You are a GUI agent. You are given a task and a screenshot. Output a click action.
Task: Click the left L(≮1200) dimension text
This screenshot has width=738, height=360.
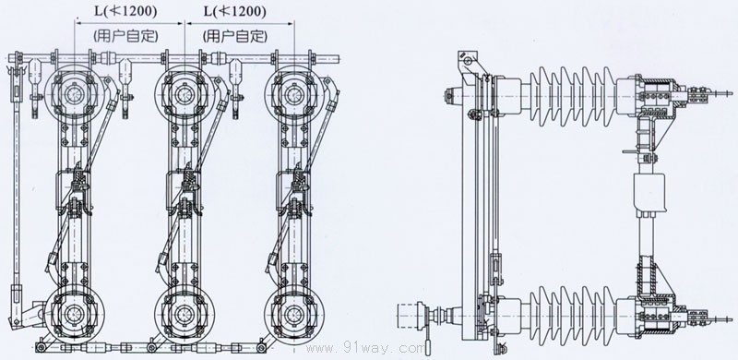coord(125,12)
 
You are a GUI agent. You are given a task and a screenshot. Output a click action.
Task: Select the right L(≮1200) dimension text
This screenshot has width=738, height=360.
coord(234,12)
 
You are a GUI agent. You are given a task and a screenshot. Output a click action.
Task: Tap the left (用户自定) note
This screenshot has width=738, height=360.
coord(125,36)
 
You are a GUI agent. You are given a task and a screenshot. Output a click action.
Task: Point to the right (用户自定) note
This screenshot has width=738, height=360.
coord(234,36)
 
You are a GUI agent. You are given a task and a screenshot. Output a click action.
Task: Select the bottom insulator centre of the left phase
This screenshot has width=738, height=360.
coord(74,314)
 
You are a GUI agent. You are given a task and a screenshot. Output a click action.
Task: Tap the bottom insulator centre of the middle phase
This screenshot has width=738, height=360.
coord(184,314)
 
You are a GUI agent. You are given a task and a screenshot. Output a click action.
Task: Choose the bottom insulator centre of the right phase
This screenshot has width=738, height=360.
coord(294,314)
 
